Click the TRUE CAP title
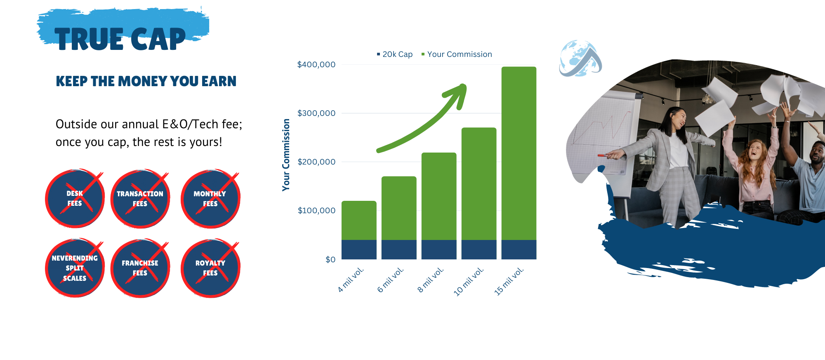point(120,39)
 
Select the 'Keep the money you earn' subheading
point(146,81)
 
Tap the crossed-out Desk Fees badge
point(75,198)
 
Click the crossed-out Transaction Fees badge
point(140,198)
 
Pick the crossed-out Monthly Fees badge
point(210,198)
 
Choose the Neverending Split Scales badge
point(75,268)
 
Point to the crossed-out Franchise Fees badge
point(140,268)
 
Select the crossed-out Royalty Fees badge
point(210,268)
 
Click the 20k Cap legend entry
point(395,54)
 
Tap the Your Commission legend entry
point(457,54)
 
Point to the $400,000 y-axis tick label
point(316,64)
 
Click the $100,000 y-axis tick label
point(316,210)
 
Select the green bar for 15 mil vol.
point(519,153)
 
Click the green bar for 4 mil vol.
point(359,220)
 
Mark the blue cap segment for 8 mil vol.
point(439,249)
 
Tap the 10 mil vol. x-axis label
point(469,282)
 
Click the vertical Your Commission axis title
point(286,155)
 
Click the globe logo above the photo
point(580,59)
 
